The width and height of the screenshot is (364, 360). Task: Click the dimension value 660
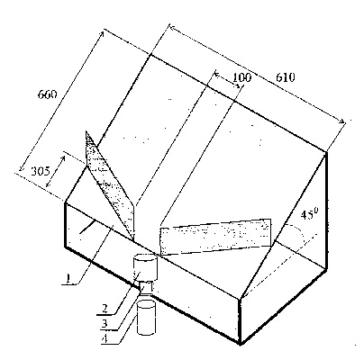47,94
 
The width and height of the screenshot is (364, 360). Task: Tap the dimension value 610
286,77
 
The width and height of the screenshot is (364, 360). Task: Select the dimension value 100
242,77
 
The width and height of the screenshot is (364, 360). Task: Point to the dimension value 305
41,171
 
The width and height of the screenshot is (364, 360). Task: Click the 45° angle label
309,214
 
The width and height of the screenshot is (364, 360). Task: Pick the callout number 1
68,279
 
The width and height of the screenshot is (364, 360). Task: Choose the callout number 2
105,309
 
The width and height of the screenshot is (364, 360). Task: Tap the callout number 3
105,323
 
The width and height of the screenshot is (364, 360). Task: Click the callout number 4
105,338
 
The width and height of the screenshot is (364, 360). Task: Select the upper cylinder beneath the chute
145,267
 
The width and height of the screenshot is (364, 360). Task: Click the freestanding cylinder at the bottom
146,318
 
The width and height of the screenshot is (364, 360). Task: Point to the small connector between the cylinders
146,287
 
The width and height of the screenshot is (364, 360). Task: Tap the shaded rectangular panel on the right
215,237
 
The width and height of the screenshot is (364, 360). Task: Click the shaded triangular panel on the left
111,186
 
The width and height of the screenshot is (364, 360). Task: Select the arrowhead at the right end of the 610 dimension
342,121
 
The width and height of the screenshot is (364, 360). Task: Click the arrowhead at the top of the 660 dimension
102,32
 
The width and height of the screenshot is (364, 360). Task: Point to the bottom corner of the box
240,345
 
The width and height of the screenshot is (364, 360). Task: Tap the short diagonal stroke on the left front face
86,227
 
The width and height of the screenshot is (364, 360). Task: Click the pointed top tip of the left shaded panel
86,131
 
